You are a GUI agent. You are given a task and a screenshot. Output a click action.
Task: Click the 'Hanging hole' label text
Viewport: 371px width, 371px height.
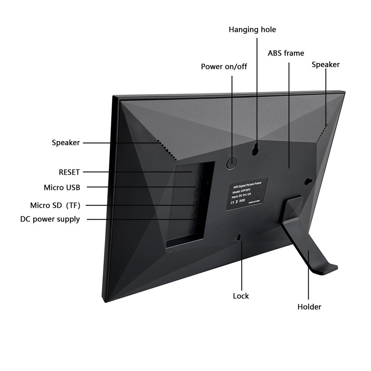coord(252,30)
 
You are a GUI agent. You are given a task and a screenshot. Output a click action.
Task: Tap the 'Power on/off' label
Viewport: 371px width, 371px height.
coord(224,67)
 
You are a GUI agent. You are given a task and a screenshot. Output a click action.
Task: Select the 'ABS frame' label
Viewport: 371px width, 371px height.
coord(286,53)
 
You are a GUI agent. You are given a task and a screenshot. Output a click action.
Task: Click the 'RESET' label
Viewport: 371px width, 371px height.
coord(69,172)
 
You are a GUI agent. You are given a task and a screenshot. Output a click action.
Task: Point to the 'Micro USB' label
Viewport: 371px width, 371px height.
coord(62,188)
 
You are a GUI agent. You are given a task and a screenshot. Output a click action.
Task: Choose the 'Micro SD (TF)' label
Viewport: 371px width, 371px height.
coord(55,205)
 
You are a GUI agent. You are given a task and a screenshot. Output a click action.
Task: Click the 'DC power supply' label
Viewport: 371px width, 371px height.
coord(50,220)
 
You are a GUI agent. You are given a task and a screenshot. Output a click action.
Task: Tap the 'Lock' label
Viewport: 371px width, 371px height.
coord(241,296)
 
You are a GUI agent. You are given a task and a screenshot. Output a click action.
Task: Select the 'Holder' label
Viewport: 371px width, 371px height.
coord(309,307)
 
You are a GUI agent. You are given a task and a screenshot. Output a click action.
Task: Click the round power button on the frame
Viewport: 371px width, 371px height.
coord(231,163)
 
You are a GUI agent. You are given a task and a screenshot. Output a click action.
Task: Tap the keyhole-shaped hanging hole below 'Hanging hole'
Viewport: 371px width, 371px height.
coord(255,149)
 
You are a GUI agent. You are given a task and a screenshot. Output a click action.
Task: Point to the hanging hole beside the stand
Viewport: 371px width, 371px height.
coord(308,181)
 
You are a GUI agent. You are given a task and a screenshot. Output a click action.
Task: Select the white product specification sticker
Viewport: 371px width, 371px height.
coord(246,194)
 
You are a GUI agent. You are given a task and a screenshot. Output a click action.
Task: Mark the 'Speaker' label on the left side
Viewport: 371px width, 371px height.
coord(66,143)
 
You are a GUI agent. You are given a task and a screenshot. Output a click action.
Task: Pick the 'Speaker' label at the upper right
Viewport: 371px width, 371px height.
coord(325,65)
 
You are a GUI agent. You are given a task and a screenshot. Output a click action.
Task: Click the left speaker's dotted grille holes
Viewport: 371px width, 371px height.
coord(167,151)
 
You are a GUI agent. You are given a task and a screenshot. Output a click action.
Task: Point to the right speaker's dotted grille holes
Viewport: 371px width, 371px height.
coord(322,133)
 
